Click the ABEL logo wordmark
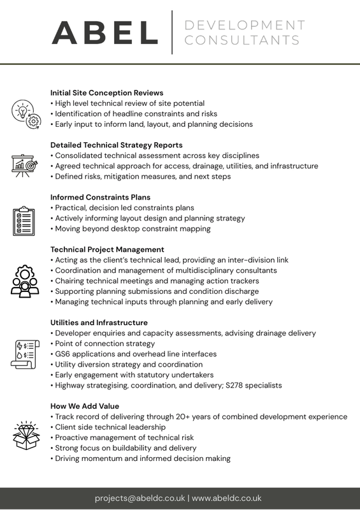pos(105,33)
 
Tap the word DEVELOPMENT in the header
pos(244,25)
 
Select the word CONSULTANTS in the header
pos(241,41)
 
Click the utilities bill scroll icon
pos(25,354)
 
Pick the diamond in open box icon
pos(24,433)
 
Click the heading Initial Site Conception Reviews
pos(106,93)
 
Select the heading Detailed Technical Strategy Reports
pos(117,145)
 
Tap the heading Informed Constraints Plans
pos(101,198)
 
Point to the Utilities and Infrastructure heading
pos(99,323)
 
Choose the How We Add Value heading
pos(85,406)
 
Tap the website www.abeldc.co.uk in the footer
pos(227,498)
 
